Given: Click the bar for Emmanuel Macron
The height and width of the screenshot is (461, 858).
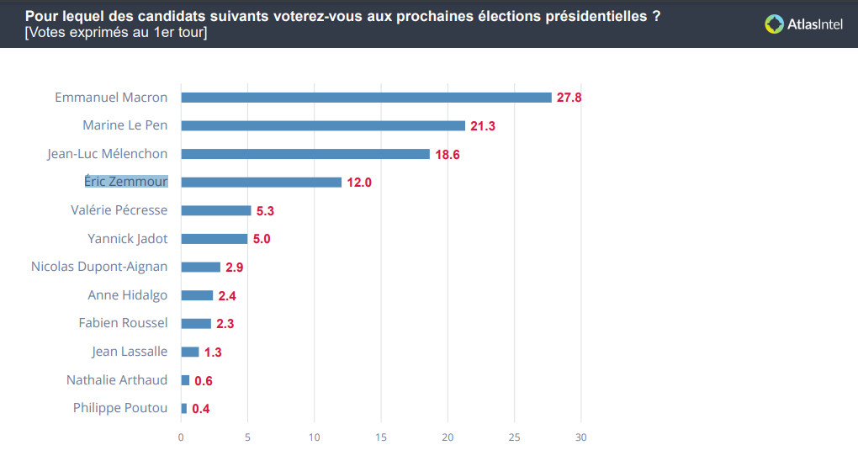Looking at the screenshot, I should (x=366, y=98).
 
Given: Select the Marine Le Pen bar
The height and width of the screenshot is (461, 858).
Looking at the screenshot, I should (x=323, y=125).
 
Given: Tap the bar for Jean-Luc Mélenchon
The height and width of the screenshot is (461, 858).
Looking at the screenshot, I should (x=305, y=154).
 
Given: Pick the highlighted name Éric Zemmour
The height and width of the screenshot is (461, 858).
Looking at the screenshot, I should (x=126, y=182).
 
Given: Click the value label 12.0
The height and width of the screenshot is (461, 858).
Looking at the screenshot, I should (x=359, y=183).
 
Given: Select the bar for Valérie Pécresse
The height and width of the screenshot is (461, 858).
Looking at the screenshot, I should (x=216, y=210).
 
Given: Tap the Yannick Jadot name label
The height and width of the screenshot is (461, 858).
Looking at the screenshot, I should (x=128, y=239).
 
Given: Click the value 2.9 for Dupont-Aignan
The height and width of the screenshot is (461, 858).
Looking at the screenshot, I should (x=235, y=268).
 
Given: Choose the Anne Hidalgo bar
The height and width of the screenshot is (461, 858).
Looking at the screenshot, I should (x=197, y=295).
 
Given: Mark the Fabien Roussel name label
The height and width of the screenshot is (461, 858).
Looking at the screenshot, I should (x=123, y=323).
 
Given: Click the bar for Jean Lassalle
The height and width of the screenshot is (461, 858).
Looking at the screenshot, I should (x=190, y=352).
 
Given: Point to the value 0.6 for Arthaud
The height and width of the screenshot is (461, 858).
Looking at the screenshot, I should (x=204, y=381).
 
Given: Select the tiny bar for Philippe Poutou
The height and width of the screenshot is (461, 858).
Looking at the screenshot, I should (x=184, y=409).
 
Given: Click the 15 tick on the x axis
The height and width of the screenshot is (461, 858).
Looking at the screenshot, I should (x=381, y=437).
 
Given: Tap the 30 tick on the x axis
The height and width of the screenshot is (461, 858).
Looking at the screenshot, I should (x=580, y=437).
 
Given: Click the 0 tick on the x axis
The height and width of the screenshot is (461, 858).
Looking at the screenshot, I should (x=181, y=437).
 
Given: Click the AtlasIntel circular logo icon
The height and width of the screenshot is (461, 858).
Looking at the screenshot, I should (x=774, y=24).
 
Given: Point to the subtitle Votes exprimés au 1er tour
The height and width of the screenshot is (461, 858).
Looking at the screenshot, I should (x=116, y=33).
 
